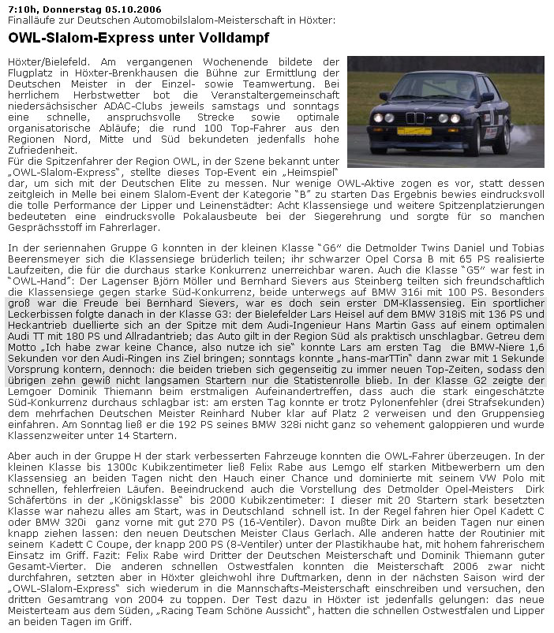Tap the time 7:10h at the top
(19, 9)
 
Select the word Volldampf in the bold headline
(236, 37)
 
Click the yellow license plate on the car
(414, 131)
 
